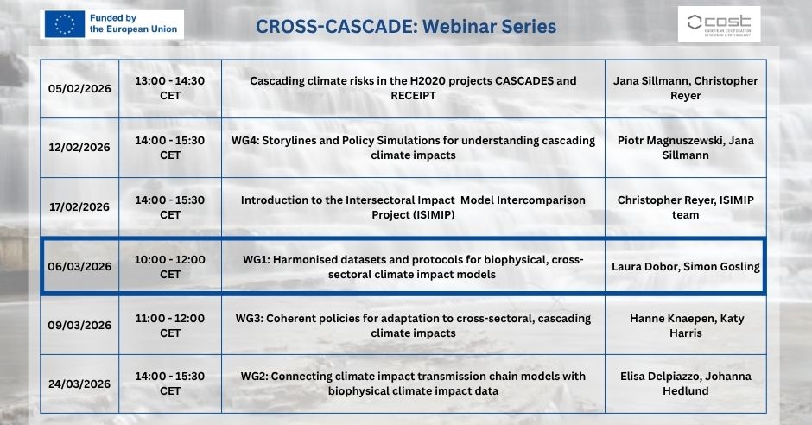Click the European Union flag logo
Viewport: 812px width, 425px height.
(64, 24)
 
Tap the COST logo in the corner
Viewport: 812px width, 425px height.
(719, 24)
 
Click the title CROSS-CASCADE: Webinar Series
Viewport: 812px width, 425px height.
(406, 27)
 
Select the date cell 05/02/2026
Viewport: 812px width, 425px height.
(79, 88)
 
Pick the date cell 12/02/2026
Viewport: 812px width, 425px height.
(79, 148)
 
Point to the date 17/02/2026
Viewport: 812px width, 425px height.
(79, 207)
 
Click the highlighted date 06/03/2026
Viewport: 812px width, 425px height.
(79, 267)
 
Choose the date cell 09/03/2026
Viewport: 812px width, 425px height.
(79, 326)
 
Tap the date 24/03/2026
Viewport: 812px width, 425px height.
(79, 384)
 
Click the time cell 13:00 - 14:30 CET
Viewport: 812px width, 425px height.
(170, 88)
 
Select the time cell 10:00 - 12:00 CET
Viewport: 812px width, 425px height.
(170, 267)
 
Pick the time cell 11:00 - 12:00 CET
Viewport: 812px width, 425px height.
(170, 326)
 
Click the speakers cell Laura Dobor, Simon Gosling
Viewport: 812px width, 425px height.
(686, 267)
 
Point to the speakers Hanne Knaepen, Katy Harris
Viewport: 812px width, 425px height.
(686, 326)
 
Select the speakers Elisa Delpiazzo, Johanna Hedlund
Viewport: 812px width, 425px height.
(686, 384)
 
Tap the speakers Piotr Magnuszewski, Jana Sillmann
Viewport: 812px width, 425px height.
(686, 148)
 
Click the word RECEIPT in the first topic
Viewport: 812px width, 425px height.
(413, 96)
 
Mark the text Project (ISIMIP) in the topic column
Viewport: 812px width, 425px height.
(413, 215)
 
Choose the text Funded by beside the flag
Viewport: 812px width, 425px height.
(113, 18)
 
